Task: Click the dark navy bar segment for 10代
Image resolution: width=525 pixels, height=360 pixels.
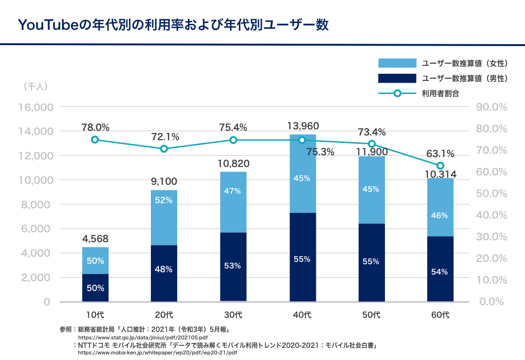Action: click(95, 288)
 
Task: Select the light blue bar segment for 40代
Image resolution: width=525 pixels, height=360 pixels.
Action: click(302, 174)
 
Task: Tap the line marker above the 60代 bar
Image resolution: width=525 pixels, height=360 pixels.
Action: click(440, 165)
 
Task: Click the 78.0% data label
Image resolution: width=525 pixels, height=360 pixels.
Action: click(95, 127)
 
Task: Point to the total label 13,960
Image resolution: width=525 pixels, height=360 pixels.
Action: click(303, 126)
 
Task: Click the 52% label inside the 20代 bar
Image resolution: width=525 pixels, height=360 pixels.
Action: click(164, 200)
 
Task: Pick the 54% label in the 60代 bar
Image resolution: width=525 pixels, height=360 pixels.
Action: click(440, 272)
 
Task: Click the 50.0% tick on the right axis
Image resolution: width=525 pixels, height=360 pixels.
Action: click(491, 193)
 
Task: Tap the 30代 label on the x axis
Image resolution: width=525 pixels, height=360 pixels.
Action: click(233, 314)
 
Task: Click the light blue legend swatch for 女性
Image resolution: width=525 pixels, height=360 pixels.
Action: click(397, 63)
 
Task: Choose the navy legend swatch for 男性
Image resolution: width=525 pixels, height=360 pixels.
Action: click(397, 78)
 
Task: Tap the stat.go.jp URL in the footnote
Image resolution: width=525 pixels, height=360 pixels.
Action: click(142, 337)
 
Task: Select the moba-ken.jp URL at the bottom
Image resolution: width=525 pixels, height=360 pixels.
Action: click(157, 352)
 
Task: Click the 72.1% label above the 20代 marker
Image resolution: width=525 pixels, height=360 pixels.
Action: click(165, 137)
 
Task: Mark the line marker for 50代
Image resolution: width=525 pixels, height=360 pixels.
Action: click(372, 144)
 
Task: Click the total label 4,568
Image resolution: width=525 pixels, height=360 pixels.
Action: click(95, 238)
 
